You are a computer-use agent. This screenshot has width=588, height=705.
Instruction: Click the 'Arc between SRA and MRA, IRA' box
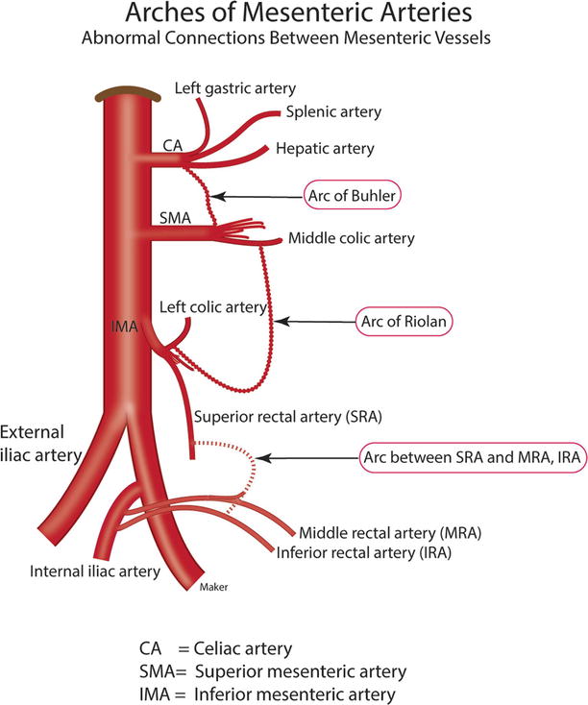471,459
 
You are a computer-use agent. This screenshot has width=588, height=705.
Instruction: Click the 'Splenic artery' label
333,112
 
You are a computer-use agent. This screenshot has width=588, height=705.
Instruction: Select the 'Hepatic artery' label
325,149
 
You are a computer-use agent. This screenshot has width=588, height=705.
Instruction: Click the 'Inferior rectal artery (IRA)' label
364,553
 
